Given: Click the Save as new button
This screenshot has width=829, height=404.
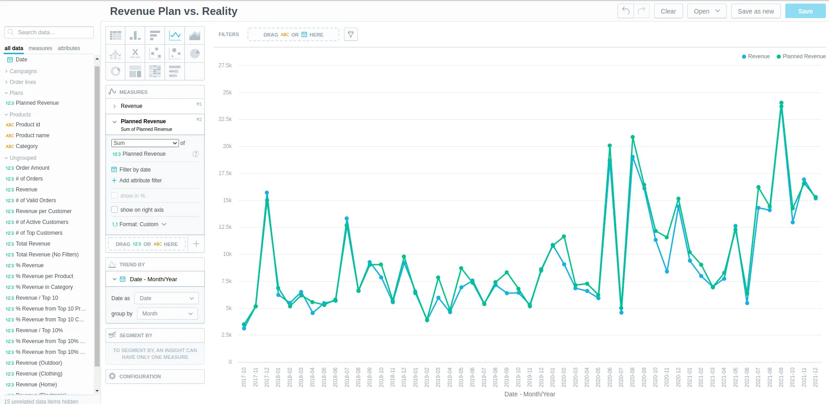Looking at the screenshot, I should tap(756, 11).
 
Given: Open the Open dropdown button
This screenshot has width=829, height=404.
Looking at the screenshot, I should tap(706, 11).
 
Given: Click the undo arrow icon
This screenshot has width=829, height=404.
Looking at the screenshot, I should tap(626, 11).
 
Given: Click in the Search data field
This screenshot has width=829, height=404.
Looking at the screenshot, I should tap(50, 33).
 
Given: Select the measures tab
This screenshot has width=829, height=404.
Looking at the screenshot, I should tap(40, 48).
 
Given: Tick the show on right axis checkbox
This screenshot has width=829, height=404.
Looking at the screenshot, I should tap(115, 209).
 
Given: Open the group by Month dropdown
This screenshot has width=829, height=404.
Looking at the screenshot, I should tap(167, 314).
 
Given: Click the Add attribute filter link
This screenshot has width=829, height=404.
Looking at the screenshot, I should tap(140, 181).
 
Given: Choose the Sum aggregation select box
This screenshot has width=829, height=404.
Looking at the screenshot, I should tap(145, 143).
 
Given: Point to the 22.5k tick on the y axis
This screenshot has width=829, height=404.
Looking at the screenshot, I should tap(225, 119).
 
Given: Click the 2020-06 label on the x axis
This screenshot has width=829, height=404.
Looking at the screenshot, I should tap(609, 377).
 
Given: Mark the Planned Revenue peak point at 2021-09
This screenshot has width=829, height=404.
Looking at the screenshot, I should tap(781, 103).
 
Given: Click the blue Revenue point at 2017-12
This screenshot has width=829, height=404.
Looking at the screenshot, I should tap(267, 193).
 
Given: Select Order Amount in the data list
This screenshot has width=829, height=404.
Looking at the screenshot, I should tap(32, 168).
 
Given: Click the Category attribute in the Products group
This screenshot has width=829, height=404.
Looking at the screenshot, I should tap(27, 146).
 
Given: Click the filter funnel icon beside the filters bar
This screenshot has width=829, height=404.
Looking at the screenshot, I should tap(351, 34).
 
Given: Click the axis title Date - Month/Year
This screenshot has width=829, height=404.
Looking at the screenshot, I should tap(530, 394).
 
